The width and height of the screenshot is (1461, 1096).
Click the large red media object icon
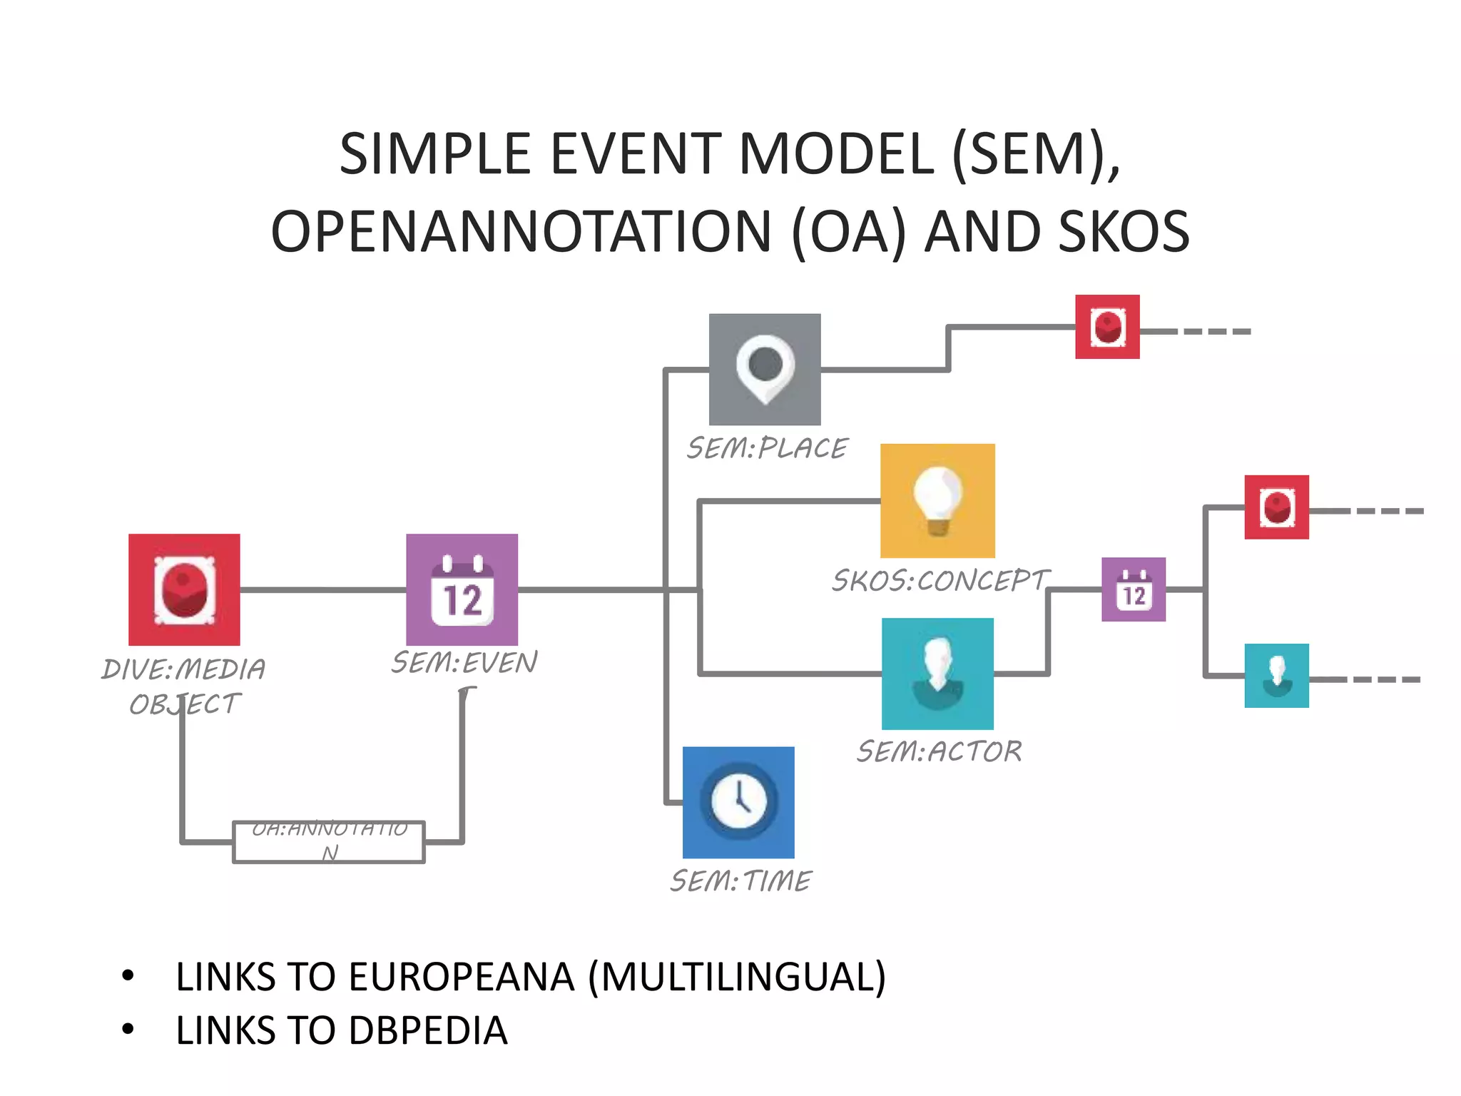click(184, 589)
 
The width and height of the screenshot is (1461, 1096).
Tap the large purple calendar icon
click(462, 589)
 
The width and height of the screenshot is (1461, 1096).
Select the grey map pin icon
click(765, 369)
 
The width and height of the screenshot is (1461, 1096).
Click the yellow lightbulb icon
click(937, 500)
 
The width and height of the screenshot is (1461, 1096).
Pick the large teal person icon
click(937, 674)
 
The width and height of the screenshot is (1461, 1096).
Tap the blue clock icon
click(738, 802)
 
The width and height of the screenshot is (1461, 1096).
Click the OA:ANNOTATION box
click(329, 842)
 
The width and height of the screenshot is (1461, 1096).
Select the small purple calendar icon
click(1133, 589)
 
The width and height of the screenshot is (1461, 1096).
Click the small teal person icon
click(1276, 675)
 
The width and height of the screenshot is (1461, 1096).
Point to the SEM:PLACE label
click(767, 448)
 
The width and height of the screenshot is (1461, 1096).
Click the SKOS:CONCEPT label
click(940, 580)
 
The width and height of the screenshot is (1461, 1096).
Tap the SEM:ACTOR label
click(939, 751)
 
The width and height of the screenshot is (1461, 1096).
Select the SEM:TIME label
click(740, 881)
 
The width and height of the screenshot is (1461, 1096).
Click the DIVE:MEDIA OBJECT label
click(184, 686)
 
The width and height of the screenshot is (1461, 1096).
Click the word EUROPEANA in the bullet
click(461, 977)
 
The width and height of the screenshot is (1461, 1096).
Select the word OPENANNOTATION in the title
click(521, 231)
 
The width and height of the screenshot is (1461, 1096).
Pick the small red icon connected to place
click(1107, 327)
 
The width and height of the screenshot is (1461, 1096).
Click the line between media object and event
click(322, 589)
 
